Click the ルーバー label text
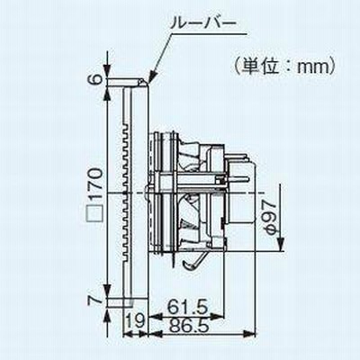click(202, 24)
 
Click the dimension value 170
click(96, 184)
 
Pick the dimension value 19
click(135, 319)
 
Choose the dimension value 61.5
click(188, 308)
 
